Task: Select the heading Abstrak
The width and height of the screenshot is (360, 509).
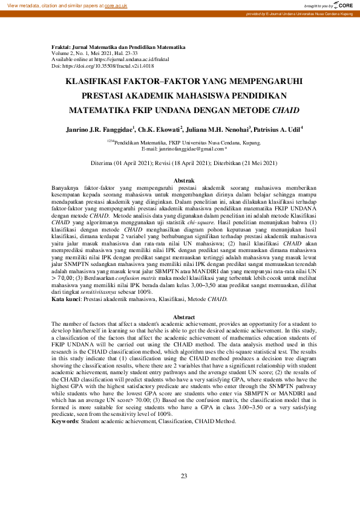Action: [184, 181]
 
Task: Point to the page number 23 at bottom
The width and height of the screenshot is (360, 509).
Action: [184, 476]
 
